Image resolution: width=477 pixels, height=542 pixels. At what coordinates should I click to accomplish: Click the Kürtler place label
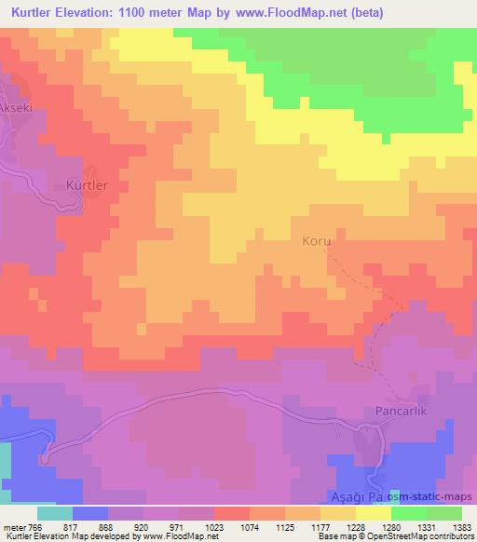(x=88, y=185)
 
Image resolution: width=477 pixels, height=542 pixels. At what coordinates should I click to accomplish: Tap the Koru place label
(x=317, y=240)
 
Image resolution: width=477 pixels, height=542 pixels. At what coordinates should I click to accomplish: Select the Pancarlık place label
(x=401, y=410)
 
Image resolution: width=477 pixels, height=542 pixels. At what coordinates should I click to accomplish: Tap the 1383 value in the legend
(x=462, y=527)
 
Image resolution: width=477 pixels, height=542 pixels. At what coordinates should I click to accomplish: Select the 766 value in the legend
(x=34, y=527)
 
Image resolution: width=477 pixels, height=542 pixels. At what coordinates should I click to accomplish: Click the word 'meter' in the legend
(x=13, y=527)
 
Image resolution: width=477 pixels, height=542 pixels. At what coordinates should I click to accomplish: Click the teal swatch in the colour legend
(x=55, y=513)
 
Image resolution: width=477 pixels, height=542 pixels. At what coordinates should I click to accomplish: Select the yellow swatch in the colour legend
(x=374, y=513)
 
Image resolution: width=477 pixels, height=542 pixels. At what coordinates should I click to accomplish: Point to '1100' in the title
(x=147, y=13)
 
